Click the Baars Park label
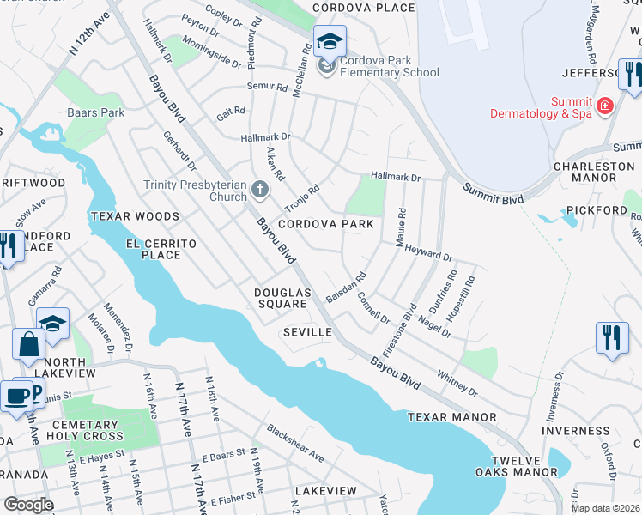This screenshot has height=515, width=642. point(96,112)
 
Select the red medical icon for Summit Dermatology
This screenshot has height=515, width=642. point(605,105)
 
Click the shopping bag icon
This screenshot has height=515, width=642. point(28,343)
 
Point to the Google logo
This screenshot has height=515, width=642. point(28,505)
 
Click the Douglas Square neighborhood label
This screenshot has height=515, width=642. point(281,298)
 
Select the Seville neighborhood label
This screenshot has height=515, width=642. point(307,332)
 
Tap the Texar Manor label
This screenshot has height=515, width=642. point(451,417)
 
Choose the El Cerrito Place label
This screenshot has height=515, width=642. point(161,249)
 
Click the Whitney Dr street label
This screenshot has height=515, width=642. point(457,383)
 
